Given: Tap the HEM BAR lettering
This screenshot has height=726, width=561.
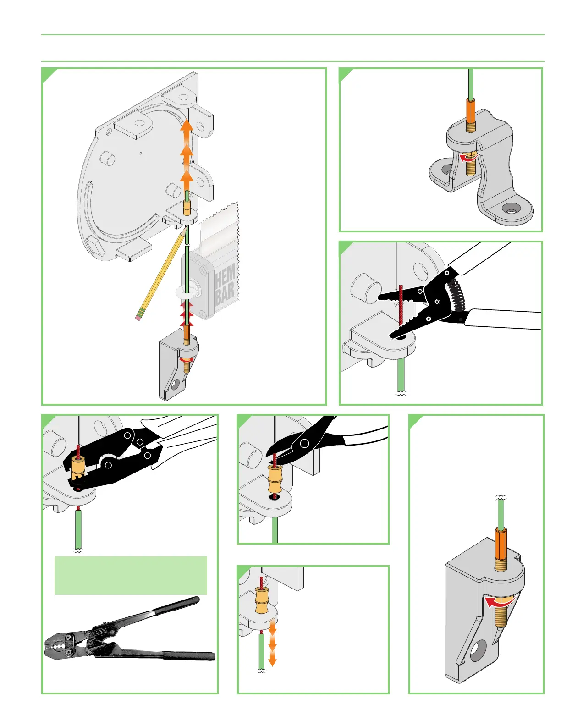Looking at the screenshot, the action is (x=225, y=286).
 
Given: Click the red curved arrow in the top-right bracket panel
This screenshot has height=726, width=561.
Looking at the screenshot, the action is (x=468, y=158).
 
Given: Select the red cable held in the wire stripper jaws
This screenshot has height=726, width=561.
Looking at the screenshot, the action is (x=401, y=307).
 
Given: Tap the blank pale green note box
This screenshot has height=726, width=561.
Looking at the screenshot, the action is (x=131, y=576).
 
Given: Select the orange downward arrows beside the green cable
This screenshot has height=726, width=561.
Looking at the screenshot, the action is (x=272, y=646).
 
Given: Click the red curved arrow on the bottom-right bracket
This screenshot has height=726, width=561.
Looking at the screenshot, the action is (x=498, y=602).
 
